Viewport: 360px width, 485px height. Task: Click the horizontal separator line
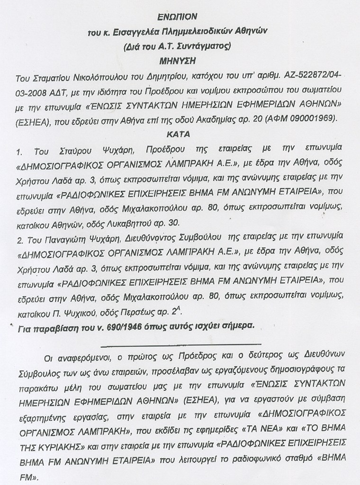pyautogui.click(x=180, y=342)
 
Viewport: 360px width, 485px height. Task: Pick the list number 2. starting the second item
pyautogui.click(x=20, y=236)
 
